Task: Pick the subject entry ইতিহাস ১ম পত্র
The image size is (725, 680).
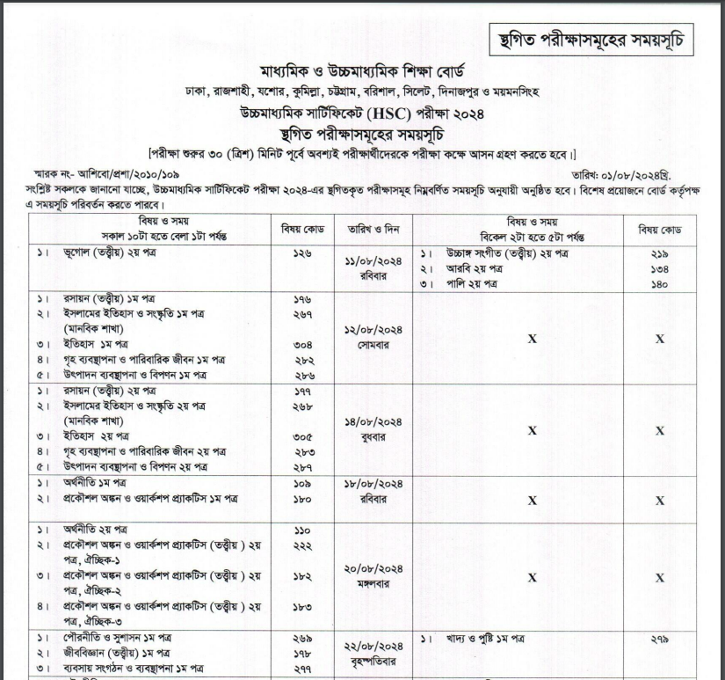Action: [92, 345]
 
